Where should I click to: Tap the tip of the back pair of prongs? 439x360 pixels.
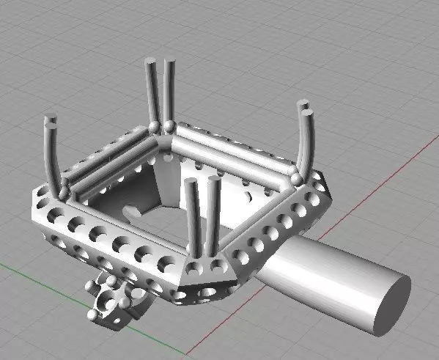coord(159,65)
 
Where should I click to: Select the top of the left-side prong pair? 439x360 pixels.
coord(51,121)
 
